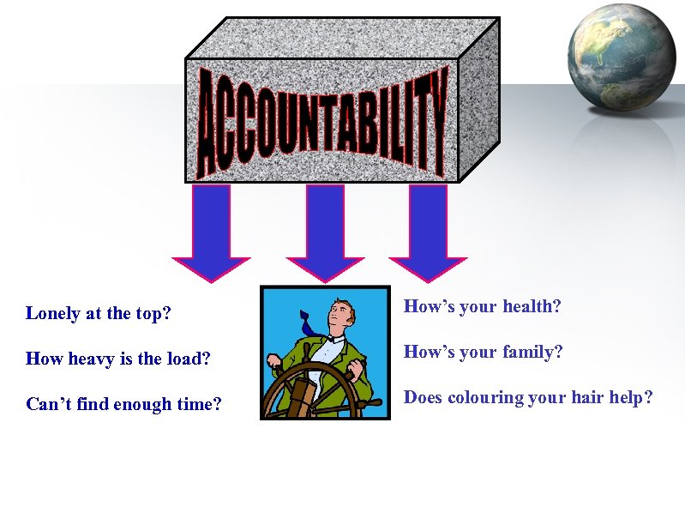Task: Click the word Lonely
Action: pos(53,314)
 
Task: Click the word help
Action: pos(634,398)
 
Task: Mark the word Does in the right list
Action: pos(423,397)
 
